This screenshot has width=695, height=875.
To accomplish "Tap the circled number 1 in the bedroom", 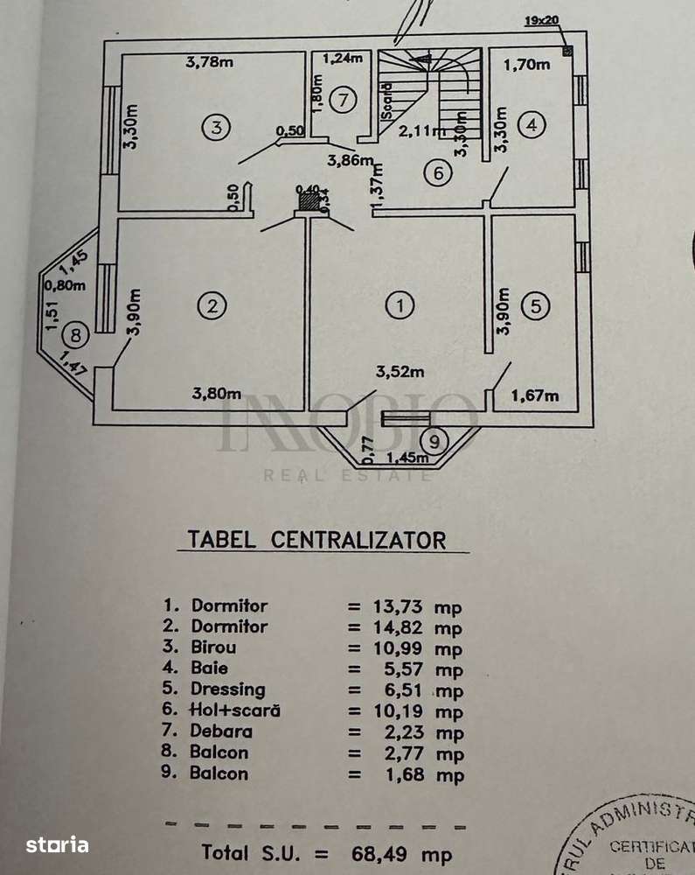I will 400,305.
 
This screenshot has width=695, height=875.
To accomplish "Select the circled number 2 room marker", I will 212,305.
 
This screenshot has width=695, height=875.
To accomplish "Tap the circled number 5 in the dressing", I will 535,305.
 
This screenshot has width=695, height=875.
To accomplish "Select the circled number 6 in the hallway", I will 439,173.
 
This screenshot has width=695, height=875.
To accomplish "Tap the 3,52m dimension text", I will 400,372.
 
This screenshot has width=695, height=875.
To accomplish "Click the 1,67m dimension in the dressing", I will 534,395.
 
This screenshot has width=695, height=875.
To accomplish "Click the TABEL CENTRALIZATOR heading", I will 316,539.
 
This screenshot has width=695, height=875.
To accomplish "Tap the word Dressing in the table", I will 228,689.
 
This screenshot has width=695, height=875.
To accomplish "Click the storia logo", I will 57,844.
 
